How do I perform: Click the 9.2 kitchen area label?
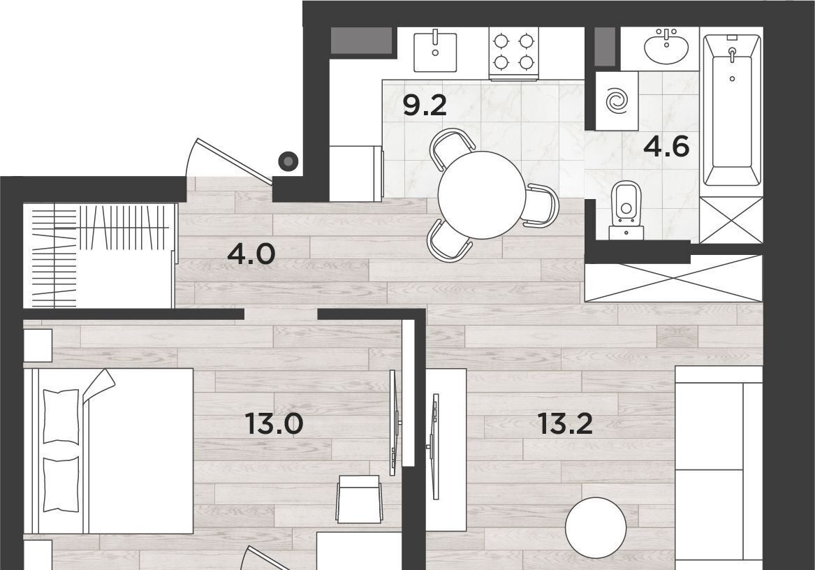click(425, 106)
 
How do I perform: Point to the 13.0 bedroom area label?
click(274, 424)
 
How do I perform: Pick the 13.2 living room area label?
click(565, 424)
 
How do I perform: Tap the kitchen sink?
click(435, 52)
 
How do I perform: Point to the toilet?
click(626, 209)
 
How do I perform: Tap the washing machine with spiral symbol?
click(617, 101)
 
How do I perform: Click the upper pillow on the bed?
click(61, 416)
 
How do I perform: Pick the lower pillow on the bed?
click(61, 484)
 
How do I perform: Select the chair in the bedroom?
click(359, 499)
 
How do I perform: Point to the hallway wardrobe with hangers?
click(98, 256)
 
